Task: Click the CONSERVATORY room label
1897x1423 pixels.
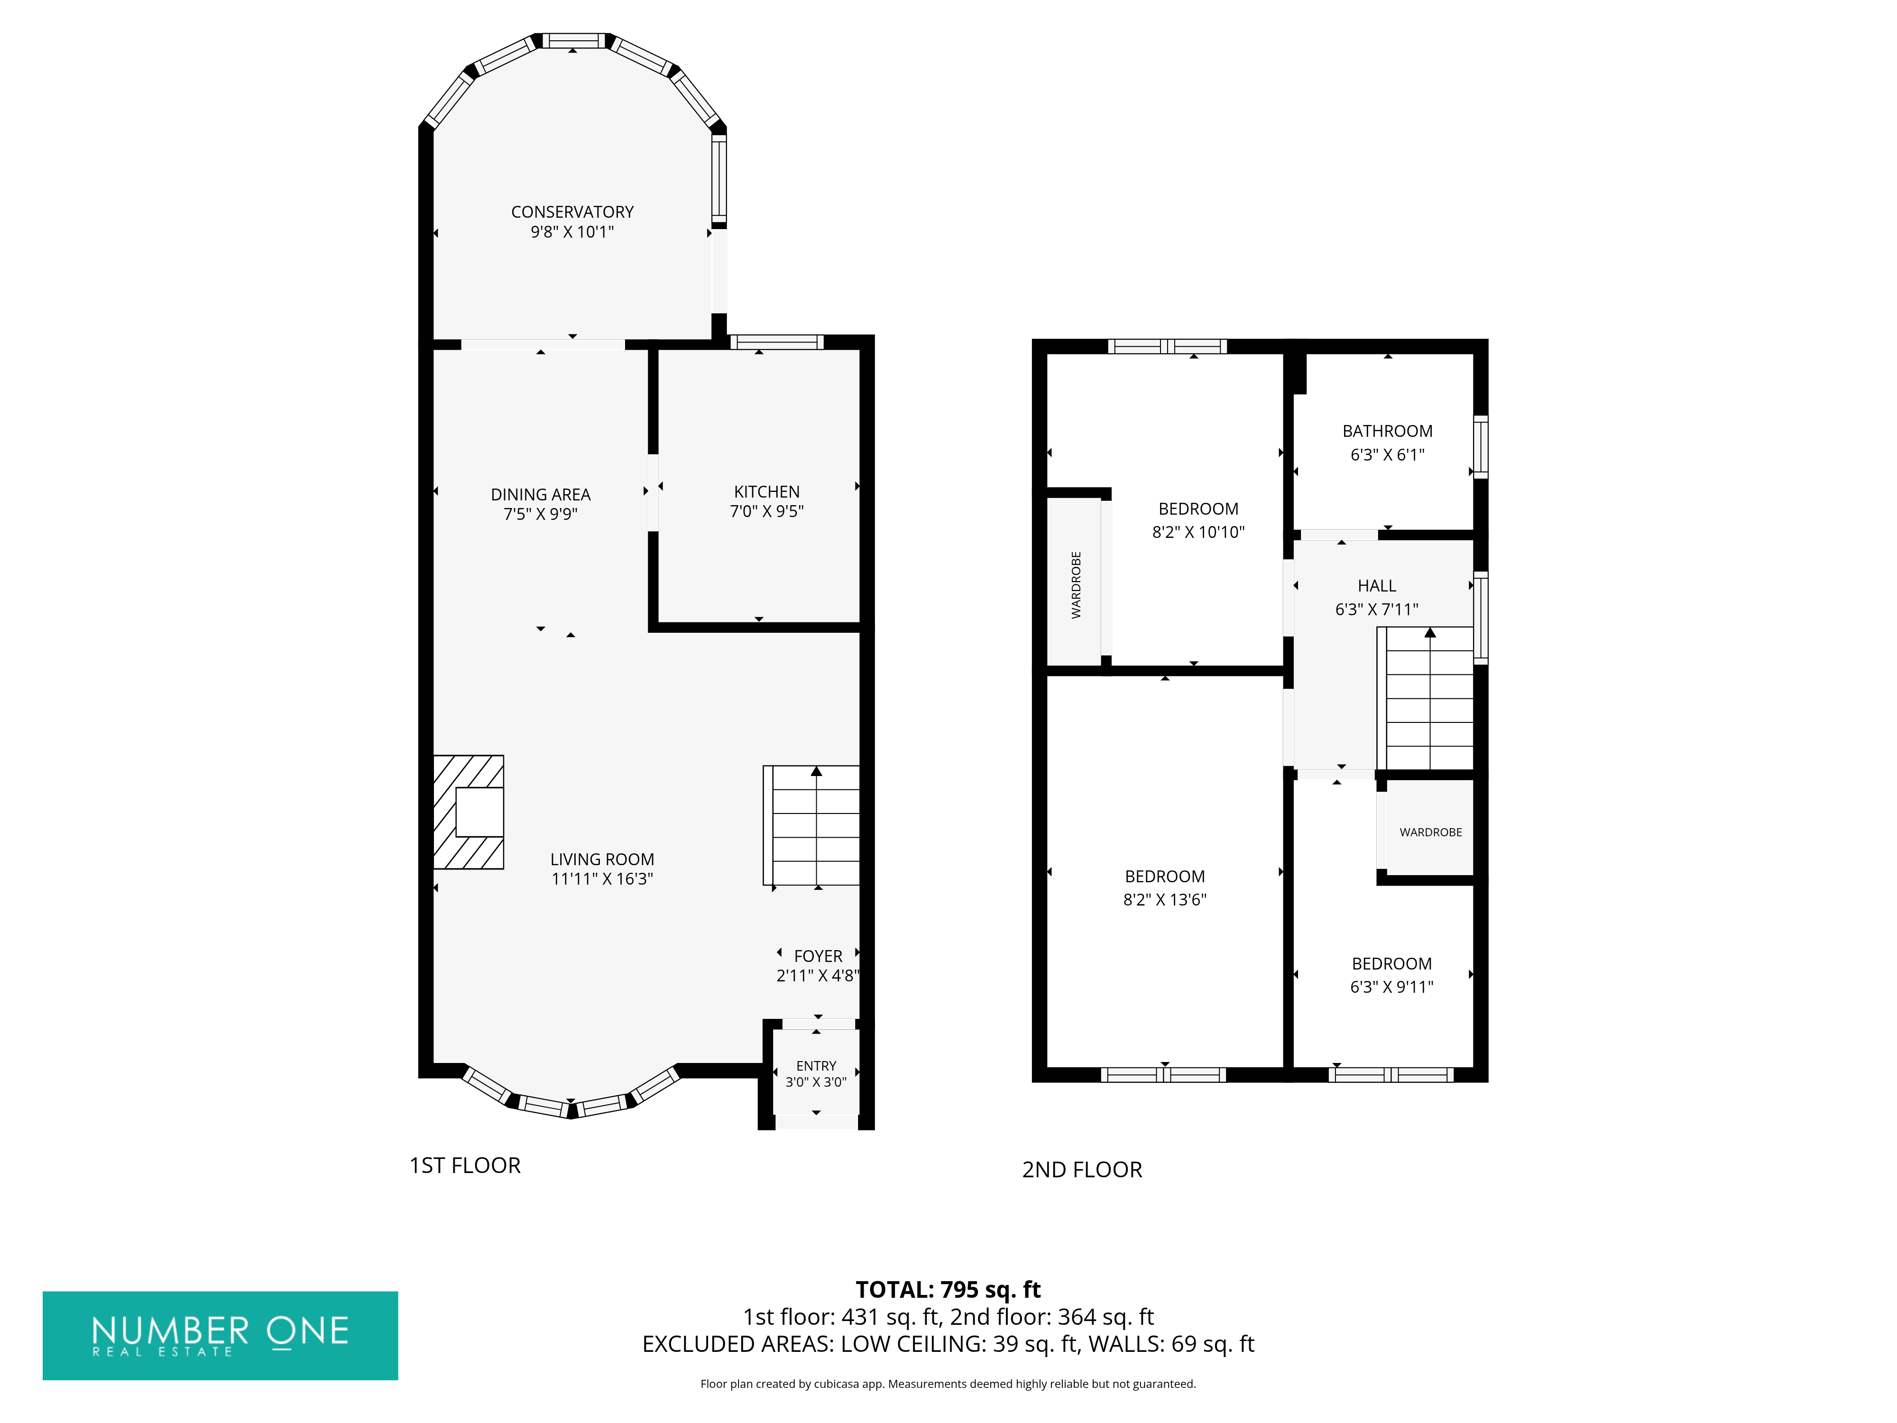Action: (572, 212)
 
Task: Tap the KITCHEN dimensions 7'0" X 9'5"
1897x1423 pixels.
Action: (767, 511)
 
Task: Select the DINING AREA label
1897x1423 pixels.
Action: (540, 495)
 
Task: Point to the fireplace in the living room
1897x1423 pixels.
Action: (468, 812)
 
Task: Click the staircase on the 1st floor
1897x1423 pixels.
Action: (811, 825)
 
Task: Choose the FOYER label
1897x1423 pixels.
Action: (818, 955)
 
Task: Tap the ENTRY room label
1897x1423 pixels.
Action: (816, 1065)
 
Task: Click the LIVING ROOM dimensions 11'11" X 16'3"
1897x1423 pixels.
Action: (602, 878)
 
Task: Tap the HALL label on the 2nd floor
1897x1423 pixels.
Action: (1376, 586)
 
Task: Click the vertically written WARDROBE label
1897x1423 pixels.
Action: (1076, 585)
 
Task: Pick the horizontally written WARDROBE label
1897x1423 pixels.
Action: (1430, 832)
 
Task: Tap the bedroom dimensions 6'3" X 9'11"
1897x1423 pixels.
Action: (1391, 987)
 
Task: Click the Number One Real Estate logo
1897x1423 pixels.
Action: (221, 1336)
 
